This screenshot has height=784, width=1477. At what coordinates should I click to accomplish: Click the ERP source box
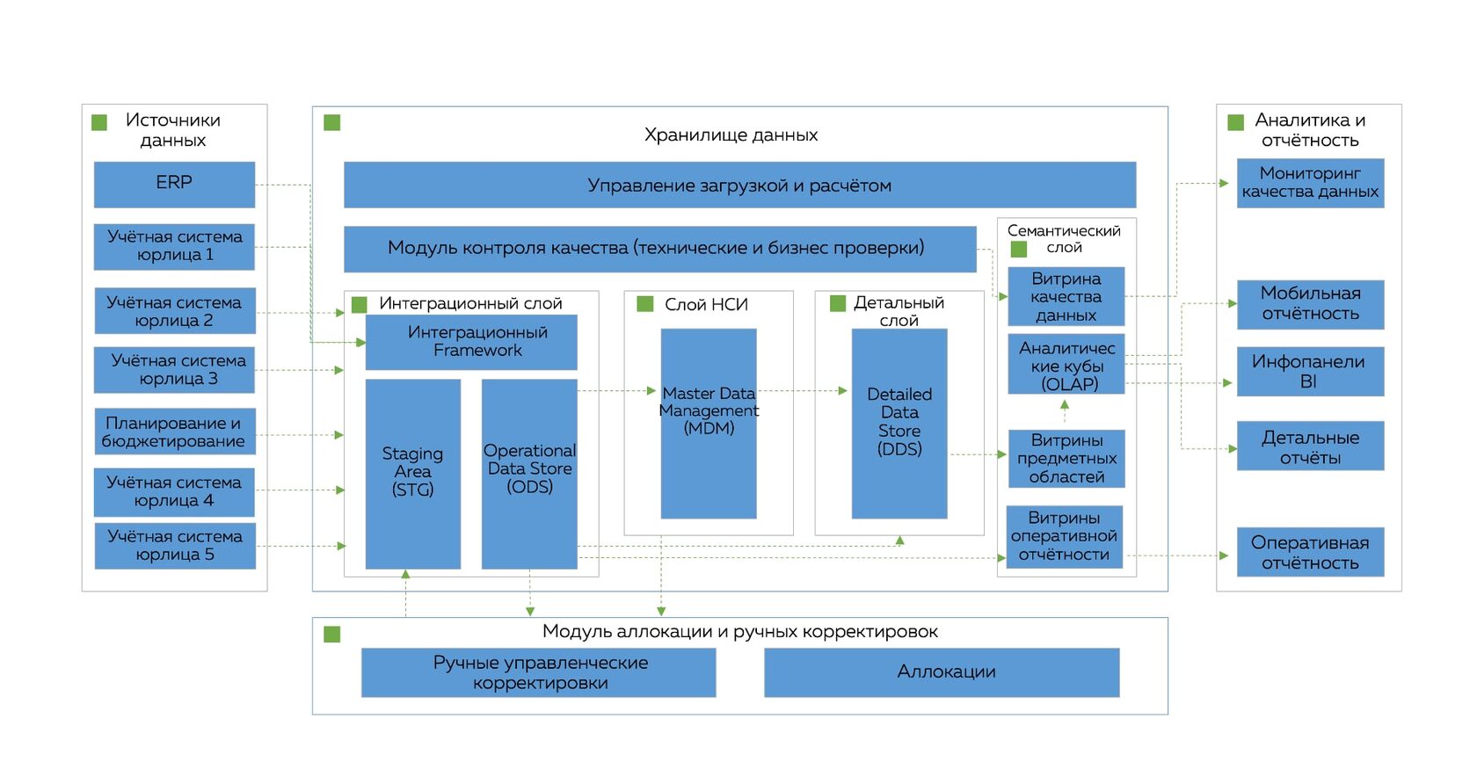(x=174, y=185)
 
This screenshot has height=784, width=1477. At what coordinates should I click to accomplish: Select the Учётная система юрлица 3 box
(x=174, y=370)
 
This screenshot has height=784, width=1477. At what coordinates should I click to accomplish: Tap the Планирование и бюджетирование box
(x=174, y=432)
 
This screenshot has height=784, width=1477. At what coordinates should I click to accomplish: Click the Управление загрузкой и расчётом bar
(x=740, y=185)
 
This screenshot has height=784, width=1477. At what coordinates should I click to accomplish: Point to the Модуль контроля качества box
(x=660, y=249)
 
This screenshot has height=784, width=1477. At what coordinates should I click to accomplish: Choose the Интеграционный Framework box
(x=471, y=342)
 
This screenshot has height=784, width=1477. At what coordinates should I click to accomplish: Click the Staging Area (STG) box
(x=413, y=474)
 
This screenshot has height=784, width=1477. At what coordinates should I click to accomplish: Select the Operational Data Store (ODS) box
(x=529, y=474)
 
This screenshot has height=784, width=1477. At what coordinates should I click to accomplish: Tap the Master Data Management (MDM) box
(x=709, y=424)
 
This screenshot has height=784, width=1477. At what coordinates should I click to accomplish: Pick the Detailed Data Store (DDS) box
(x=899, y=424)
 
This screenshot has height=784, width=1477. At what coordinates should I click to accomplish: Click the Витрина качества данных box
(x=1066, y=296)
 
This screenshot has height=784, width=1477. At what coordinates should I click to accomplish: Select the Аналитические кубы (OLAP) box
(x=1066, y=365)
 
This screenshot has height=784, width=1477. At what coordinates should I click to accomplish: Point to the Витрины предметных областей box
(x=1066, y=459)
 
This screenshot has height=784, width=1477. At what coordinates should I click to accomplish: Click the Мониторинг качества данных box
(x=1310, y=184)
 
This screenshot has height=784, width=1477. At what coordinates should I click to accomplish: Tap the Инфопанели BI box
(x=1310, y=371)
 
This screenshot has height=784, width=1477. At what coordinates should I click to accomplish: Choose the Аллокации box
(x=942, y=672)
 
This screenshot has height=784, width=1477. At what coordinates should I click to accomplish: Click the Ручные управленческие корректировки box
(x=539, y=672)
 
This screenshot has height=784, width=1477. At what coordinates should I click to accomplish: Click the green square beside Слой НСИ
(x=645, y=304)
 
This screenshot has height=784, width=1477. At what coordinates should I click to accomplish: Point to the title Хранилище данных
(x=731, y=135)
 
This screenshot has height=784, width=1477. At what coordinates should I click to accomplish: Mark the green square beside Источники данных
(x=98, y=122)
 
